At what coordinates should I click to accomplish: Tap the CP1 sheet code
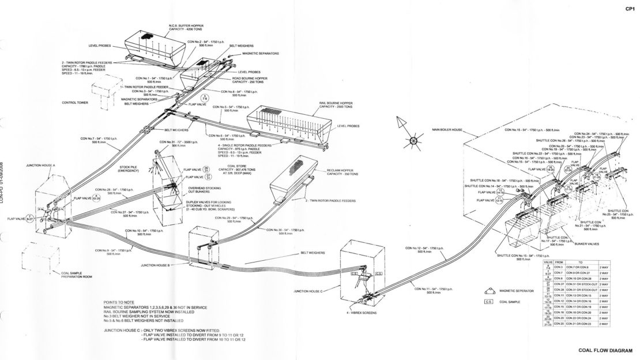(630, 9)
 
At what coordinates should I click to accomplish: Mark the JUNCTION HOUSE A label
(41, 165)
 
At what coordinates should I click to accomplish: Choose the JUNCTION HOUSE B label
(155, 265)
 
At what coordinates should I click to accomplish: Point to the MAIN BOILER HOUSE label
(448, 130)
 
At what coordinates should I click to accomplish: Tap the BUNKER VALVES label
(586, 245)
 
